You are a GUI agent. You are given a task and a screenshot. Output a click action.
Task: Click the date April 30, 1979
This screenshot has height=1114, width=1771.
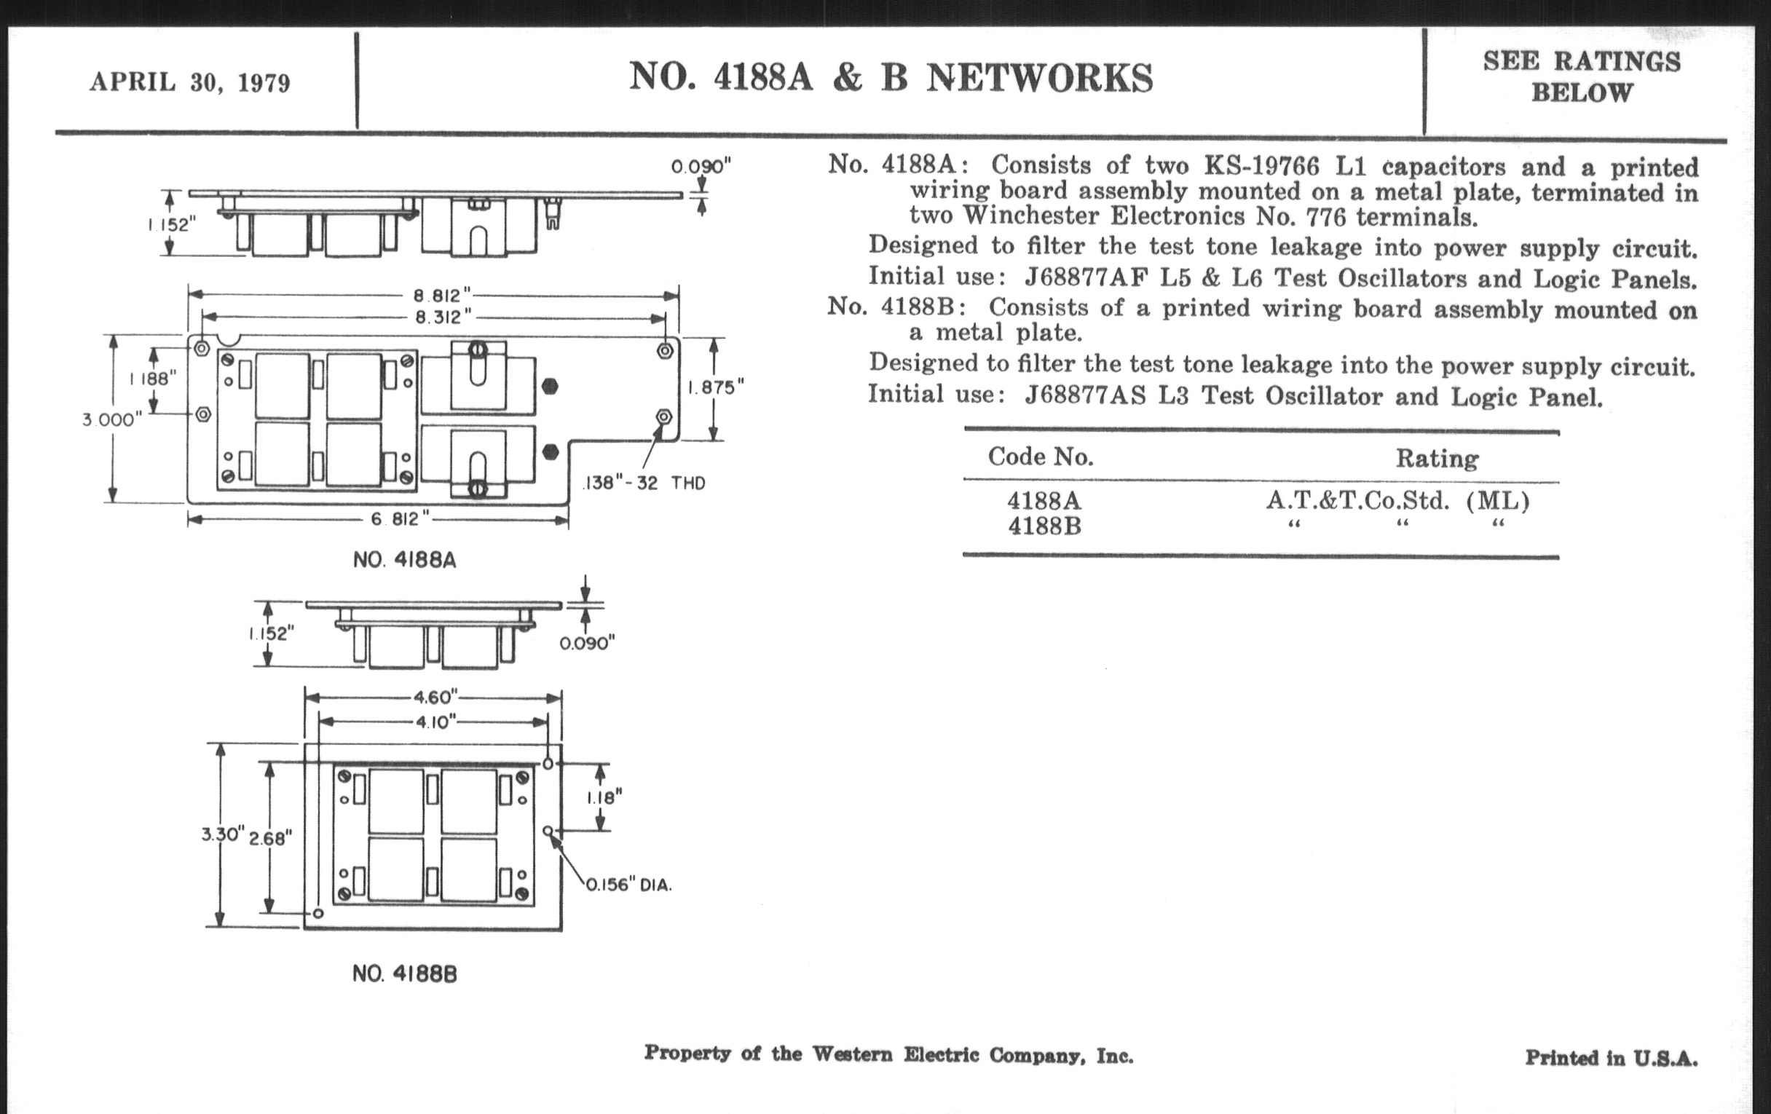pyautogui.click(x=190, y=82)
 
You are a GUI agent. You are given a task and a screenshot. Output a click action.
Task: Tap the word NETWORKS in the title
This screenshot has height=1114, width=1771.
pyautogui.click(x=1039, y=78)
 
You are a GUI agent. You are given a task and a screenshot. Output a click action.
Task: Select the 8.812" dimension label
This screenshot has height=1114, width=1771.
pyautogui.click(x=441, y=296)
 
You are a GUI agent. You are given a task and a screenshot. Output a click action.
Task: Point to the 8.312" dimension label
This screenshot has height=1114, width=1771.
pyautogui.click(x=443, y=317)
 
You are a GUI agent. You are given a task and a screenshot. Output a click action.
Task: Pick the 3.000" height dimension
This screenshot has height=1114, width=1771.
pyautogui.click(x=112, y=420)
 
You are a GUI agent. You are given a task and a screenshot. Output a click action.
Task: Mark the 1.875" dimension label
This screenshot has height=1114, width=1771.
pyautogui.click(x=716, y=387)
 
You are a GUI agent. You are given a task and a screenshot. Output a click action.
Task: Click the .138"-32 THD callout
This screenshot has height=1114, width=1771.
pyautogui.click(x=644, y=483)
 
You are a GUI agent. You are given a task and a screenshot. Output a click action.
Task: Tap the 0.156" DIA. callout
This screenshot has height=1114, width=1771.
pyautogui.click(x=629, y=885)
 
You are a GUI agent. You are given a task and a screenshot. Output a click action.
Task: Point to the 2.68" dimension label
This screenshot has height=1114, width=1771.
pyautogui.click(x=270, y=837)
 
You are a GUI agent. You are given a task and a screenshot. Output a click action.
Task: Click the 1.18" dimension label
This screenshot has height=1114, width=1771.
pyautogui.click(x=604, y=797)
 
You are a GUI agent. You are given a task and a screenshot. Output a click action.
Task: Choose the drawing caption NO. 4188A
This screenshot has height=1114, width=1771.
pyautogui.click(x=404, y=561)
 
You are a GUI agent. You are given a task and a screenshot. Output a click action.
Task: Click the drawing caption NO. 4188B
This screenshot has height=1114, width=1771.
pyautogui.click(x=404, y=974)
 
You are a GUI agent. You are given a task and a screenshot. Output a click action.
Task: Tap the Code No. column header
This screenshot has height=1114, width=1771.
pyautogui.click(x=1040, y=457)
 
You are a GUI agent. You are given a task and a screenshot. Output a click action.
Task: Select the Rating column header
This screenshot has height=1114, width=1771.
pyautogui.click(x=1436, y=459)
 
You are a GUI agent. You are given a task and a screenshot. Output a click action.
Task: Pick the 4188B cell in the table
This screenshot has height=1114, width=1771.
pyautogui.click(x=1044, y=526)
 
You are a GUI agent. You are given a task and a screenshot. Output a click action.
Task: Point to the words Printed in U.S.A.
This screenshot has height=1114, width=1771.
pyautogui.click(x=1611, y=1058)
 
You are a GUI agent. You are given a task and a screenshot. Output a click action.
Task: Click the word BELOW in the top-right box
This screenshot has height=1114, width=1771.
pyautogui.click(x=1581, y=93)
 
